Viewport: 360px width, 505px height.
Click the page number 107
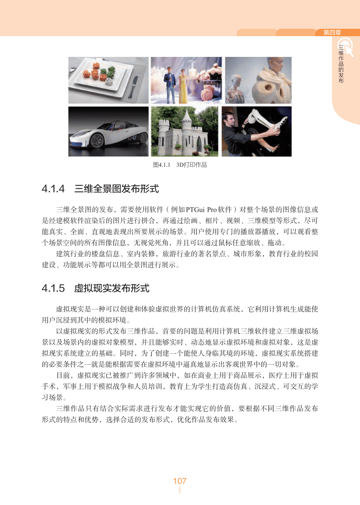click(x=180, y=481)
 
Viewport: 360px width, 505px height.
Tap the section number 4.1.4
click(x=53, y=189)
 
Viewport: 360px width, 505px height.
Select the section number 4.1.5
click(x=53, y=288)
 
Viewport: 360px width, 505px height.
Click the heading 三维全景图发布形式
click(x=116, y=189)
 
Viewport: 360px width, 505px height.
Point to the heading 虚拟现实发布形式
click(x=112, y=288)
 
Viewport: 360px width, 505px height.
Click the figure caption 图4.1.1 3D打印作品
click(x=180, y=165)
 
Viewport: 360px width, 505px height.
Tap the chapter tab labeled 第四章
click(x=332, y=33)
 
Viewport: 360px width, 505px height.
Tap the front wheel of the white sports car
click(x=96, y=142)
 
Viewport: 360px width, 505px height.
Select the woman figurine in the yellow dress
click(x=183, y=86)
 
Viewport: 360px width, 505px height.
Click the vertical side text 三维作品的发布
click(x=341, y=64)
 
